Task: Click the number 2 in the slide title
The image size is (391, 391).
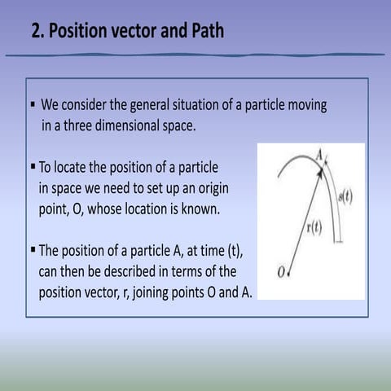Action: [37, 32]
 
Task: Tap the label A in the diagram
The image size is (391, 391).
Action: [319, 153]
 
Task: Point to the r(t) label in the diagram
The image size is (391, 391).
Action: [313, 227]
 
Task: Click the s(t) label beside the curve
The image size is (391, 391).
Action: [345, 195]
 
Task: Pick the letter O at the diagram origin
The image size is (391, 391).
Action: [281, 272]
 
